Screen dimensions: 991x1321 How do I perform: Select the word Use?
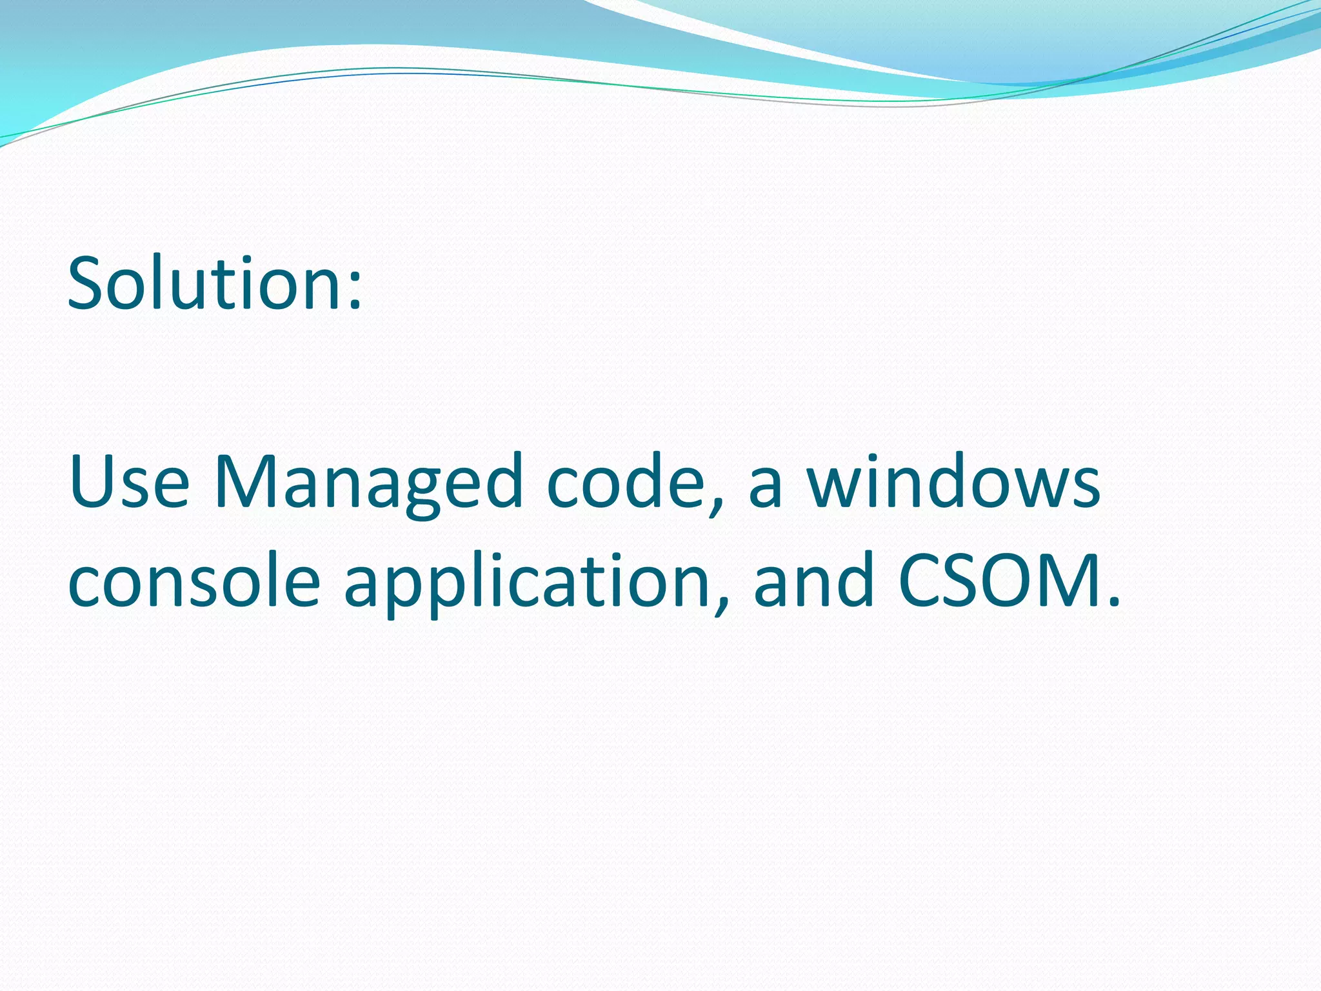pos(129,483)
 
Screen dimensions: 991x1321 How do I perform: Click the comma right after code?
pos(715,506)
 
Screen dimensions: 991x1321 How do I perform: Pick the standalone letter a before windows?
pos(766,489)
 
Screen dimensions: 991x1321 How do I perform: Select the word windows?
pos(953,483)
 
